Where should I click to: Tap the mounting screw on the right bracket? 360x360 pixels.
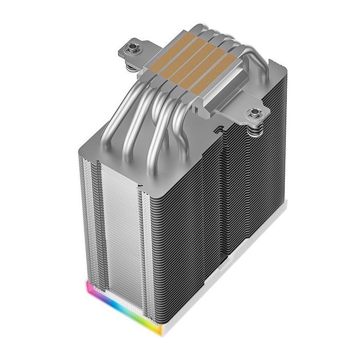tap(253, 112)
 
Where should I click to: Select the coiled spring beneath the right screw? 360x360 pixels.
tap(253, 130)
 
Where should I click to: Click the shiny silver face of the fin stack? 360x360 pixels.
tap(118, 226)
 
